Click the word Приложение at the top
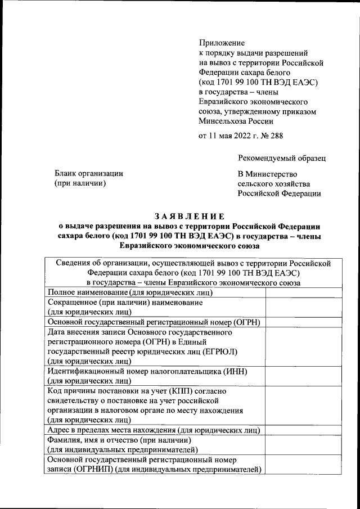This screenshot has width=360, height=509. coord(222,43)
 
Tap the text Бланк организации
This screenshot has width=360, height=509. coord(88,174)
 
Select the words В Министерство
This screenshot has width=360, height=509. coord(268,174)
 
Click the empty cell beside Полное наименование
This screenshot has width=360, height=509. coord(303,292)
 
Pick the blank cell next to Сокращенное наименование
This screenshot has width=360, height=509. coord(303,307)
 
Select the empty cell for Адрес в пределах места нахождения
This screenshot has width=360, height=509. coord(303,430)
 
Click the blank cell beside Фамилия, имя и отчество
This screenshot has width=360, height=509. coord(303,444)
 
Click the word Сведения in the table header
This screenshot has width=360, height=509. coord(74,263)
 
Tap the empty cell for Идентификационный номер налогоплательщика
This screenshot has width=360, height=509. coord(303,376)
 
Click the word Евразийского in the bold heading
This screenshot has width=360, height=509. coord(148,246)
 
